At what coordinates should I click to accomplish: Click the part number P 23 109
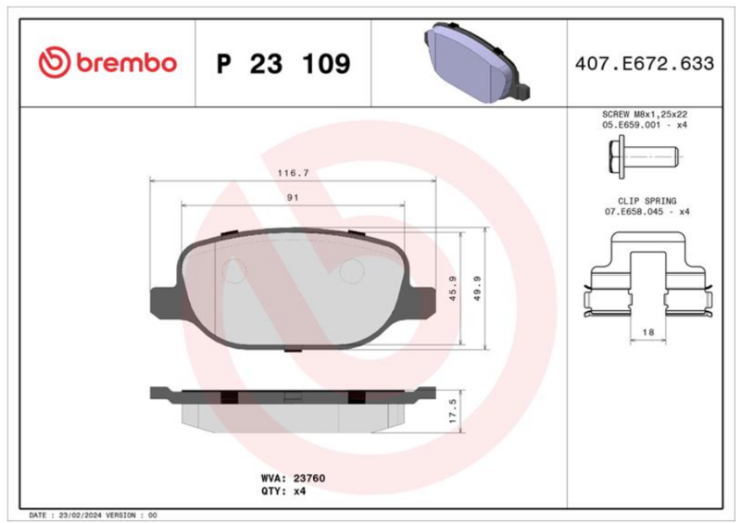point(283,64)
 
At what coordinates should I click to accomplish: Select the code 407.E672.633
point(645,63)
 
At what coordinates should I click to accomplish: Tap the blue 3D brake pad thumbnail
point(476,62)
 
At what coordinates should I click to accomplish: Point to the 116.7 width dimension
point(293,173)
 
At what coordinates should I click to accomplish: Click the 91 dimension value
point(293,197)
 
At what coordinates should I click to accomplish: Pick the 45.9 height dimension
point(453,289)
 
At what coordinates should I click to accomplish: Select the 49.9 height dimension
point(477,289)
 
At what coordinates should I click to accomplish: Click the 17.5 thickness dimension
point(453,410)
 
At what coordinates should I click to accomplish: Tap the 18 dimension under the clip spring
point(647,332)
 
